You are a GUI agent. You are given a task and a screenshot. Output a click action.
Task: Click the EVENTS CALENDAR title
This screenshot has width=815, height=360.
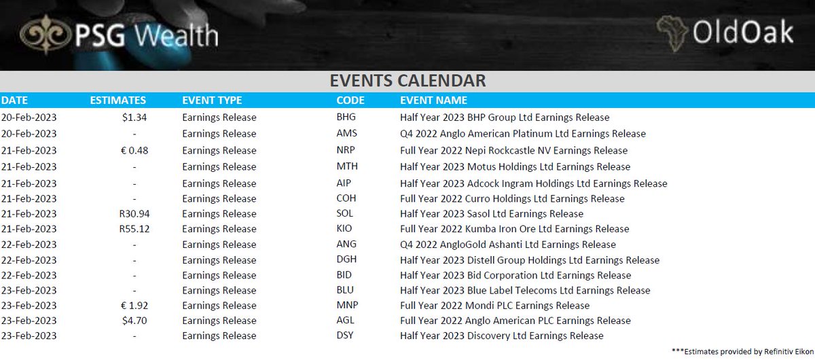pos(407,81)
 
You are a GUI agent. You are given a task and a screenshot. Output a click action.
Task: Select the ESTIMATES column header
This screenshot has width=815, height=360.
pos(118,101)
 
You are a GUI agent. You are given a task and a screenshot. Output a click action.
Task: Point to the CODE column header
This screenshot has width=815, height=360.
pos(350,101)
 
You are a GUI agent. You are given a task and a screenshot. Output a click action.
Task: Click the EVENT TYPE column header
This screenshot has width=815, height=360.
pos(212,101)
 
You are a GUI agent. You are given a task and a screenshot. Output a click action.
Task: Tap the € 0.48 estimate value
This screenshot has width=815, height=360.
pos(134,150)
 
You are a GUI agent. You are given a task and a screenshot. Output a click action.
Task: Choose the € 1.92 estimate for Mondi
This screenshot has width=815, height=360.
pos(134,306)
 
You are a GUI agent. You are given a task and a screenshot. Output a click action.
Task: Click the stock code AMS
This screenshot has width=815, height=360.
pos(346,134)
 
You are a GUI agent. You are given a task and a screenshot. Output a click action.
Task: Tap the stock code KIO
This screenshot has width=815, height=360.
pos(344,229)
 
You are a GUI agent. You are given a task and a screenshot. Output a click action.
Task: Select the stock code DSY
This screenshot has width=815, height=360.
pos(345,336)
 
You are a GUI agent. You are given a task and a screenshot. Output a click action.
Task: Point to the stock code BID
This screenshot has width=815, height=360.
pos(344,275)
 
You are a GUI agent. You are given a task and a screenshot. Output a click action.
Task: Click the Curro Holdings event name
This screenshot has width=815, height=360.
pos(512,199)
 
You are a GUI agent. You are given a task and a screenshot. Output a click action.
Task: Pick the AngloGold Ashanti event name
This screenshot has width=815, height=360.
pos(508,245)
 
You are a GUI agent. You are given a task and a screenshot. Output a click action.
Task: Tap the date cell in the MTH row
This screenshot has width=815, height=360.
pos(29,166)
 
